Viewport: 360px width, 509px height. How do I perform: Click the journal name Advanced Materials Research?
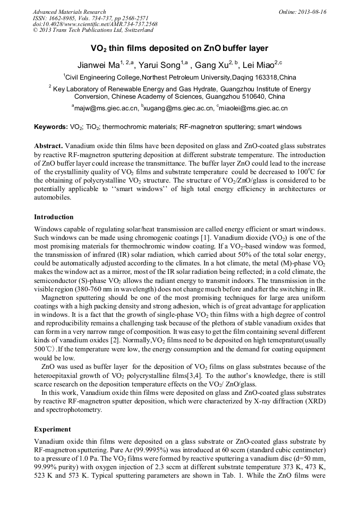coord(69,12)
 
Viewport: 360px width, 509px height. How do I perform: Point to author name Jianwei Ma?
coord(99,65)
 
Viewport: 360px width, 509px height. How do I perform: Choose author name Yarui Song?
coord(159,65)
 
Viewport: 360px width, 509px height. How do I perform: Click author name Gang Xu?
coord(212,65)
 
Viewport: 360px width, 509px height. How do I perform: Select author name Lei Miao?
coord(256,65)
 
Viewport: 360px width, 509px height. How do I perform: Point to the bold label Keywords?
coord(50,127)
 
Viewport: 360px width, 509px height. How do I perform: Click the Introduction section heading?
coord(54,217)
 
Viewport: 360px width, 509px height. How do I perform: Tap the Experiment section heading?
coord(52,429)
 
